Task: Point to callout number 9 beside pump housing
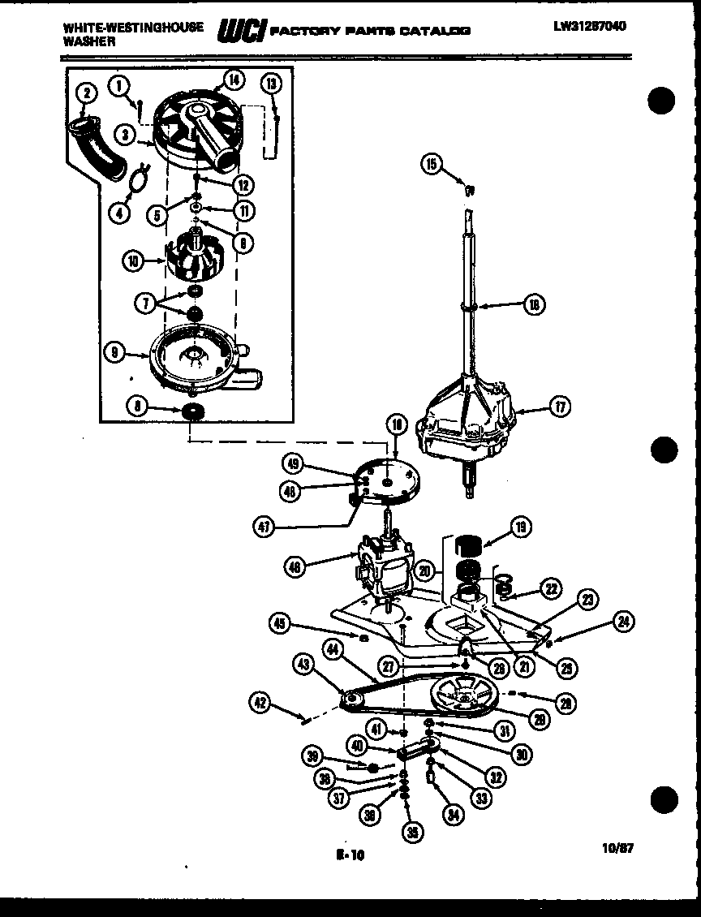click(x=116, y=351)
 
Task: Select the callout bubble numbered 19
click(x=519, y=528)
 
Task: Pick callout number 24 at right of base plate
click(x=623, y=623)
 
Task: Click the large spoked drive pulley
click(x=466, y=699)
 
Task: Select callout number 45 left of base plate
click(x=281, y=623)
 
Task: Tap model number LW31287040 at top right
click(x=590, y=25)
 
